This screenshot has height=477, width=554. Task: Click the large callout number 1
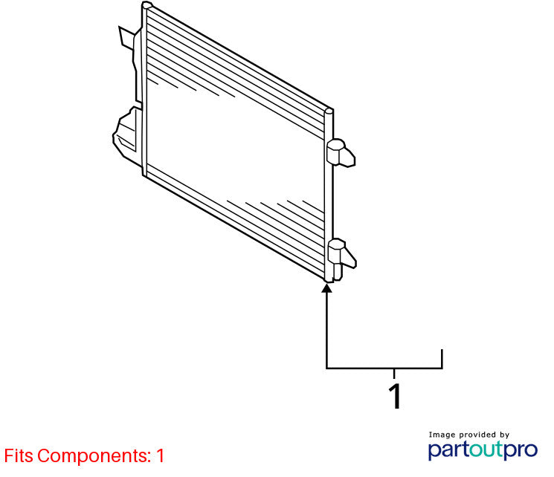395,396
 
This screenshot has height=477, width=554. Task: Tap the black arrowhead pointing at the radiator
326,288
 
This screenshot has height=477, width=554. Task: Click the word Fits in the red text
19,455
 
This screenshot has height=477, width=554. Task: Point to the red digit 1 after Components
160,455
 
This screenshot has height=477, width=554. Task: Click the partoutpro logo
483,450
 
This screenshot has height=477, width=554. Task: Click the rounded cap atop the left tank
147,5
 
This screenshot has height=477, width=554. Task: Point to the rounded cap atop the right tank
329,112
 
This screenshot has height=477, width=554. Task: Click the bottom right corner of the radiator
329,282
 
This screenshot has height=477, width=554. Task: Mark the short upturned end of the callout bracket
442,359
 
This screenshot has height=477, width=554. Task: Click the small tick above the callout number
394,374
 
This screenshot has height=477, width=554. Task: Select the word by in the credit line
504,435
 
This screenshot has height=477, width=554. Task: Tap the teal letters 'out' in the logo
487,449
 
